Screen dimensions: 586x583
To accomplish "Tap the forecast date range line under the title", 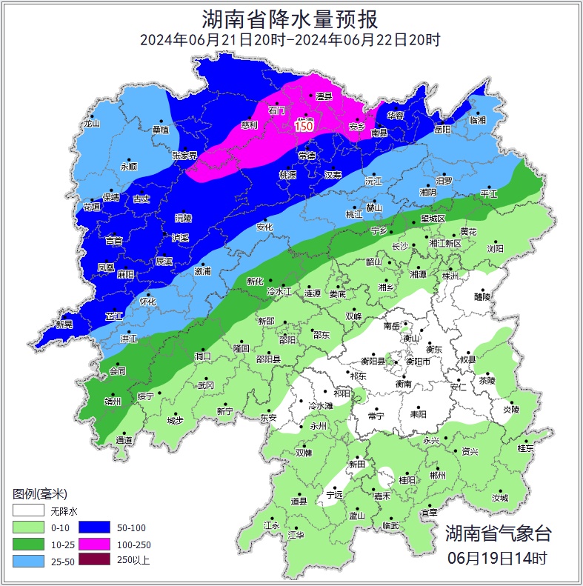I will coord(290,40).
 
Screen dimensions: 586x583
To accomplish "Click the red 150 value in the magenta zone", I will coord(304,127).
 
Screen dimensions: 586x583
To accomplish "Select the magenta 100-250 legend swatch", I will coord(94,544).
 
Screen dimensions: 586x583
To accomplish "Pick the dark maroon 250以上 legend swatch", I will coord(94,560).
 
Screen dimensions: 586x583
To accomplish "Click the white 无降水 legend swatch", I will coord(28,511).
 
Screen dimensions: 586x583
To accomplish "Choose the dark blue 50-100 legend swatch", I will coord(94,527).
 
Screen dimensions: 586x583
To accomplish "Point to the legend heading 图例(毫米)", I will coord(40,493).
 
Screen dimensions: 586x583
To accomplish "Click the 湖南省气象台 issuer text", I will coord(498,533).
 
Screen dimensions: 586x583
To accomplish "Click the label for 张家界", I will coord(184,156).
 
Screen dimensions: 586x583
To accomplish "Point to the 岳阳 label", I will coord(442,129).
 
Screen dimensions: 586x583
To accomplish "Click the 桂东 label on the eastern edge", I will coord(525,448).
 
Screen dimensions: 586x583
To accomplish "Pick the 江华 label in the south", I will coord(296,534).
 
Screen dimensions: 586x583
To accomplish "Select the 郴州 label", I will coord(438,475).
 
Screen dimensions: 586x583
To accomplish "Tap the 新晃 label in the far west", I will coord(65,324).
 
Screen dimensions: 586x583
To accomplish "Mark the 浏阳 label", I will coord(495,249).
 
